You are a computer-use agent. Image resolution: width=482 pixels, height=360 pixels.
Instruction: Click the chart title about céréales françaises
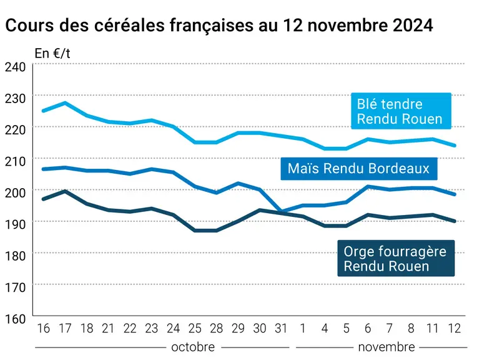(x=219, y=25)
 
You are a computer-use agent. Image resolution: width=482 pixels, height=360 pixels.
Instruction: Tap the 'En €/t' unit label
(x=52, y=54)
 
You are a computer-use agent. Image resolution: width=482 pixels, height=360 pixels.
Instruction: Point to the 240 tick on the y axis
(x=15, y=67)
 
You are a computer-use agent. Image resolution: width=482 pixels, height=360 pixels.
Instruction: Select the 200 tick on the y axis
(x=15, y=192)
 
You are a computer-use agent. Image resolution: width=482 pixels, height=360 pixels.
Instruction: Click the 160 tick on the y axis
(x=15, y=319)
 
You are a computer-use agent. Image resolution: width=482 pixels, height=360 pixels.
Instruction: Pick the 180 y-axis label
(x=15, y=256)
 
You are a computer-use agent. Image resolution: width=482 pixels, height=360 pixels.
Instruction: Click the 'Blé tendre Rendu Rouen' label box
(x=401, y=111)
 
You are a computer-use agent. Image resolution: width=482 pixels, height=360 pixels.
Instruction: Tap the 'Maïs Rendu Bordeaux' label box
(x=359, y=169)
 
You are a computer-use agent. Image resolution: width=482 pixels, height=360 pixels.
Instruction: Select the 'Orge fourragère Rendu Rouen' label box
(x=396, y=258)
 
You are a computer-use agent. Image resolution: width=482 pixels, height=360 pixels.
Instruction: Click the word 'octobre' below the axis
(x=193, y=347)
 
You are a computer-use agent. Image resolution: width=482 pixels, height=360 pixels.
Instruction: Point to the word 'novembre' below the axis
(x=386, y=347)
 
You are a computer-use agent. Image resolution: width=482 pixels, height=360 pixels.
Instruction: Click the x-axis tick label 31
(x=281, y=329)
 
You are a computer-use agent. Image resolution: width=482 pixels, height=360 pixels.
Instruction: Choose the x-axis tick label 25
(x=195, y=329)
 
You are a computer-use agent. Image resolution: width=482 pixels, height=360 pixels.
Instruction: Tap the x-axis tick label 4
(x=325, y=329)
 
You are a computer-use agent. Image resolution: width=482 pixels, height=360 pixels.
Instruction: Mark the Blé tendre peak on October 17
(x=65, y=102)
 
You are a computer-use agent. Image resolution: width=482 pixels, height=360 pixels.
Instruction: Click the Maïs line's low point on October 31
(x=281, y=211)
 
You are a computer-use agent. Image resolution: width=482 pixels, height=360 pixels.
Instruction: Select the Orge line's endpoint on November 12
(x=455, y=221)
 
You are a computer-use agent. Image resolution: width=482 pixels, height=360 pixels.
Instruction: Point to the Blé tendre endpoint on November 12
(x=455, y=145)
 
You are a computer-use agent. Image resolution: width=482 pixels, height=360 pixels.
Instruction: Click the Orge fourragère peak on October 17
(x=65, y=191)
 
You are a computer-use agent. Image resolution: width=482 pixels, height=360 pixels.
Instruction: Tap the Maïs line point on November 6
(x=368, y=186)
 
